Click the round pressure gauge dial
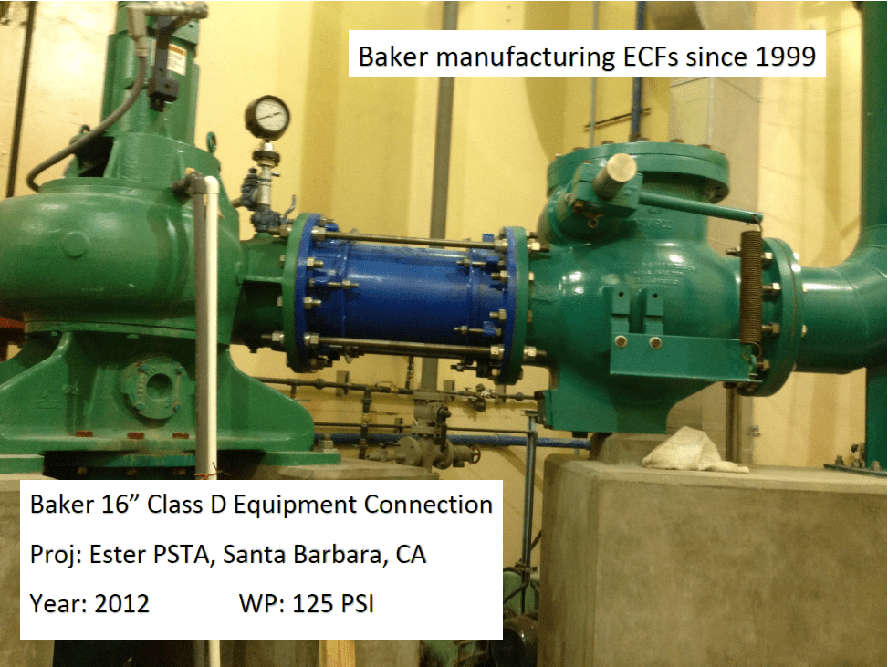click(x=267, y=116)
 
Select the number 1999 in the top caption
click(x=785, y=57)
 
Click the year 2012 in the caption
click(x=122, y=603)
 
